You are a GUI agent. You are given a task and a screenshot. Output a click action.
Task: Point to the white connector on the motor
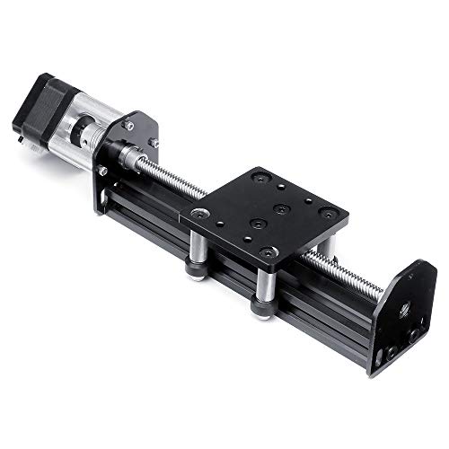pyautogui.click(x=20, y=127)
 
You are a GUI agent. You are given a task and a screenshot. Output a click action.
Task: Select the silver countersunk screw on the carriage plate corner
pyautogui.click(x=197, y=215)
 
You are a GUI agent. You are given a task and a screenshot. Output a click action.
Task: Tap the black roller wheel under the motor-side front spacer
pyautogui.click(x=196, y=269)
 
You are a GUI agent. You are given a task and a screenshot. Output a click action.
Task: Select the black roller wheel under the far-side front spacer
pyautogui.click(x=262, y=307)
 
